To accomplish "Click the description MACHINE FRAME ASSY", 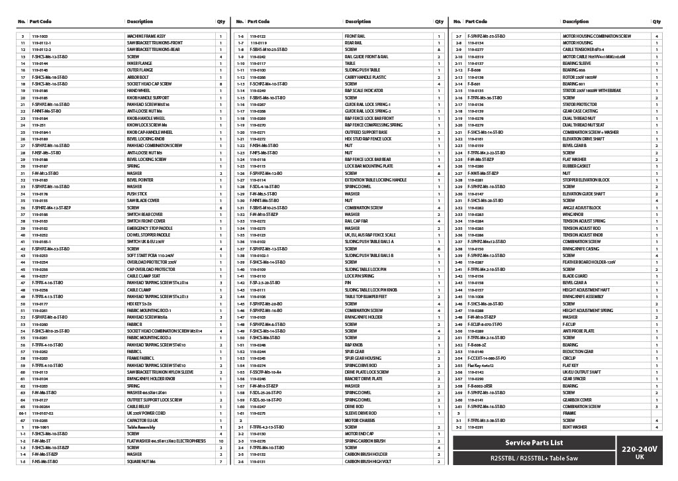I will tap(146, 36).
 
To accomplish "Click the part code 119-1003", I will tap(40, 36).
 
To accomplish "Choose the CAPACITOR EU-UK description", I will tap(142, 420).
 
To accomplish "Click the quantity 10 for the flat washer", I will tap(220, 441).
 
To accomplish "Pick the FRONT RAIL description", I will tap(355, 36).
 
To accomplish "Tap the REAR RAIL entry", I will tap(354, 43).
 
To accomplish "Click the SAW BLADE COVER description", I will tap(143, 200).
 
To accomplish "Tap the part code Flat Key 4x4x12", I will tap(481, 365).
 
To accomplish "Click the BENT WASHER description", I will tap(573, 427).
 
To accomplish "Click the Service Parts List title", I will tap(534, 443).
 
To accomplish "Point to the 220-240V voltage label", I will tap(639, 449).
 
